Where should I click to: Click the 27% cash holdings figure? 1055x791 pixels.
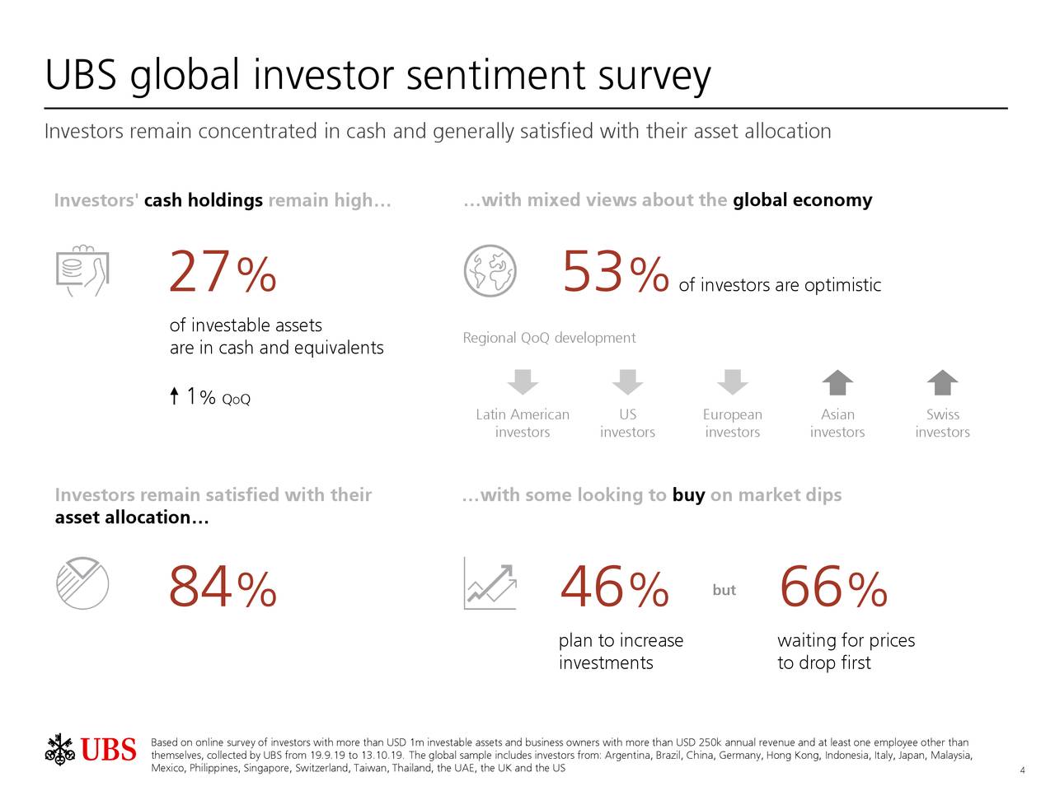[222, 274]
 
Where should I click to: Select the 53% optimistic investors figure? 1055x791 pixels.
[614, 274]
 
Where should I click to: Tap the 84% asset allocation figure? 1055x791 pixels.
[222, 589]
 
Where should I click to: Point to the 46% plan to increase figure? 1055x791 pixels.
[613, 589]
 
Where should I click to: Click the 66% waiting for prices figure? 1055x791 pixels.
[832, 589]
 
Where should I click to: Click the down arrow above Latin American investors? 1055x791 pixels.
[523, 382]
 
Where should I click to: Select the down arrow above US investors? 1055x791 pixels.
[627, 382]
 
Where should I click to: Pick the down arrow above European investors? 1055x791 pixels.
[732, 382]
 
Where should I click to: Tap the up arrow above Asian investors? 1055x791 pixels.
[837, 382]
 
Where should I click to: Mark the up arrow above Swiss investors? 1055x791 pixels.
[942, 382]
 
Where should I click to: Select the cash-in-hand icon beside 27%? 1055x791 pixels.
[82, 271]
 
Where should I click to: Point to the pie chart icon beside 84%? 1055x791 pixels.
[82, 584]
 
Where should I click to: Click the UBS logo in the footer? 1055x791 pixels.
[91, 750]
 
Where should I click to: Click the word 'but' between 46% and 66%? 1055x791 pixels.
[724, 590]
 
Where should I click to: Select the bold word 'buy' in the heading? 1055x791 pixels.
[688, 495]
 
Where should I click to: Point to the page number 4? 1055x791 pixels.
[1022, 770]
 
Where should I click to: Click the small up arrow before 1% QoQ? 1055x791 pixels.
[175, 396]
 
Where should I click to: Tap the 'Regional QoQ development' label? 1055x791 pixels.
[549, 338]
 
